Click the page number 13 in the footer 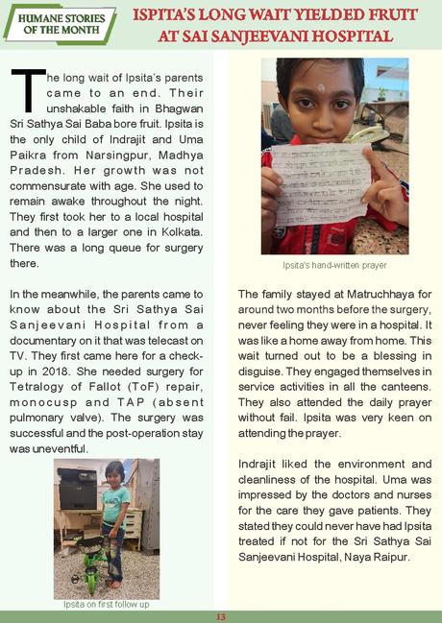[220, 616]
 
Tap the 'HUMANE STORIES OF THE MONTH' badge [60, 23]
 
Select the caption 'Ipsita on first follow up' [107, 605]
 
